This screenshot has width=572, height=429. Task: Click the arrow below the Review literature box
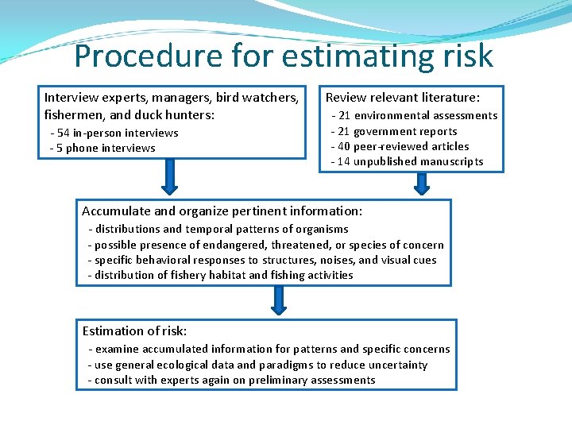422,183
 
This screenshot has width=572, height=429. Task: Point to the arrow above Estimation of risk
278,300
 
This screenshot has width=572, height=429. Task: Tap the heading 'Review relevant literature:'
403,98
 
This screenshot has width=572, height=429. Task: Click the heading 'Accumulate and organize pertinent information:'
222,211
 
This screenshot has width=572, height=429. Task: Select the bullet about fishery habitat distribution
223,275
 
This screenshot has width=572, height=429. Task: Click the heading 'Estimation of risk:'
134,331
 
